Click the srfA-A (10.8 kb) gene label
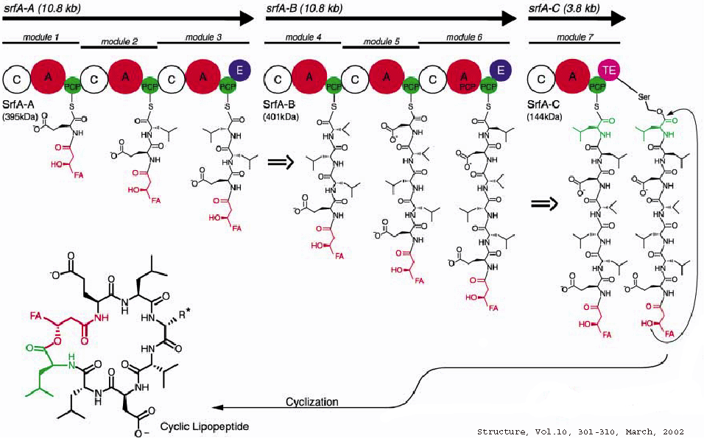(38, 7)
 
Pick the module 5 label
(382, 41)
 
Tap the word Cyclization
(312, 401)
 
